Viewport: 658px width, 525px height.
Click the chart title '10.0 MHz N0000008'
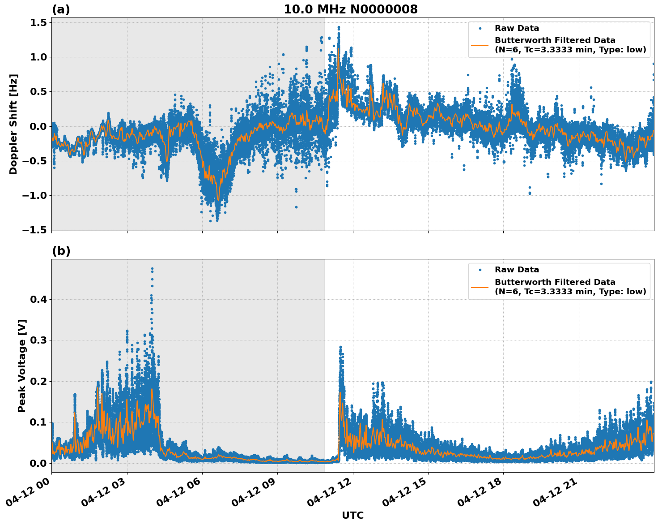[x=350, y=9]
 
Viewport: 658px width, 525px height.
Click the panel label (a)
[x=61, y=9]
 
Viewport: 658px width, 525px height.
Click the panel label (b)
[x=61, y=251]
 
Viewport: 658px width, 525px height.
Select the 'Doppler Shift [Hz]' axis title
[x=13, y=124]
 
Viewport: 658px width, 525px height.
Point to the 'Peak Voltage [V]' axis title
[x=22, y=366]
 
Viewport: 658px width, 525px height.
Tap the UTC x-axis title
[x=352, y=515]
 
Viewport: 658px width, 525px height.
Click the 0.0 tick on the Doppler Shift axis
[x=38, y=126]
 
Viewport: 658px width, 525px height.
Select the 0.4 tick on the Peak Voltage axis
[x=38, y=299]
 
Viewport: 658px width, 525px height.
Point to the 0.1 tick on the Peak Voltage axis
[x=38, y=422]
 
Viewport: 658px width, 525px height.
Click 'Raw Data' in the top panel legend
[x=517, y=28]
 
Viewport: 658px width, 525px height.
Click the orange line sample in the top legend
[x=480, y=45]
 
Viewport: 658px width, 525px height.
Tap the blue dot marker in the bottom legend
[x=480, y=270]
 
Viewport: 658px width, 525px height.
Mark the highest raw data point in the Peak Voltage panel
[x=152, y=269]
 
